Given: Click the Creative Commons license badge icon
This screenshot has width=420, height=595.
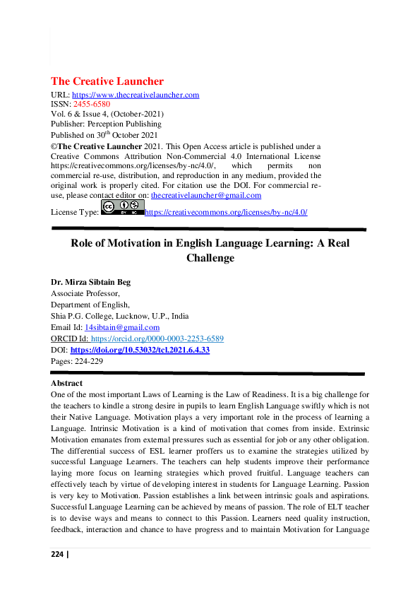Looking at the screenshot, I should (122, 207).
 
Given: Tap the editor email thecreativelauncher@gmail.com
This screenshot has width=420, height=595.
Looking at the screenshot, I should (206, 195).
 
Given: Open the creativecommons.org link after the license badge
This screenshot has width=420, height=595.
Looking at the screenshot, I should (225, 212).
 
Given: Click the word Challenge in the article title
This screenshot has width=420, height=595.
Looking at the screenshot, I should (210, 258).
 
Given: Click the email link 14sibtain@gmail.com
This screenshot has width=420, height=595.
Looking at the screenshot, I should (121, 327).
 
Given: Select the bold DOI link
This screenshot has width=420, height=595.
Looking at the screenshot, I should (140, 350).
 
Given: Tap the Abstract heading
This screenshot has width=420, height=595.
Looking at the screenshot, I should (66, 383).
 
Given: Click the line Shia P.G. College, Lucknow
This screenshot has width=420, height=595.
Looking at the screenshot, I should (119, 316).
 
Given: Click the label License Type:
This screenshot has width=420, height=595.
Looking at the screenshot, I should (75, 212).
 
